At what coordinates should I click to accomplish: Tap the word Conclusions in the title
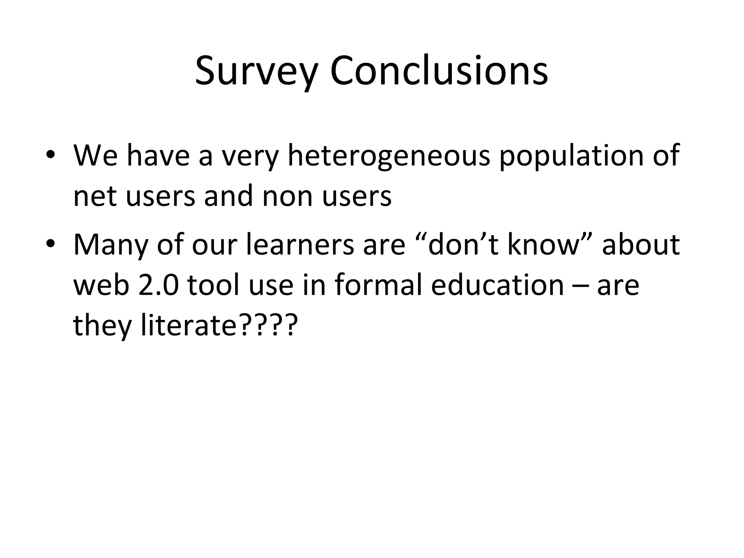(439, 71)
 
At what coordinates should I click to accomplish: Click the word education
(497, 285)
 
